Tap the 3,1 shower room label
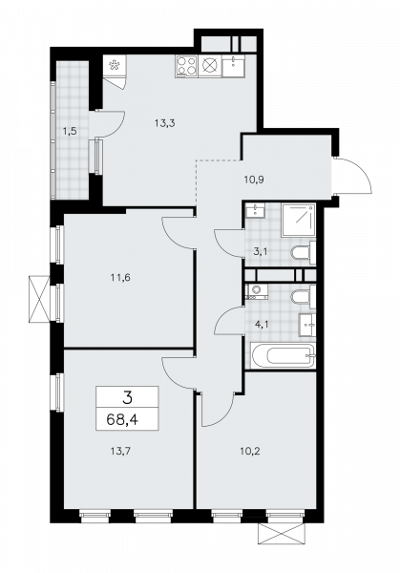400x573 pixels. click(260, 251)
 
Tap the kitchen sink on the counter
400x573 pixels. click(232, 68)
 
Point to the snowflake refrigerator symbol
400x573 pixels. click(115, 67)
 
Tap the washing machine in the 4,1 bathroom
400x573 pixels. click(256, 293)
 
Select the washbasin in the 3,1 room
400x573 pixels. click(254, 212)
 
